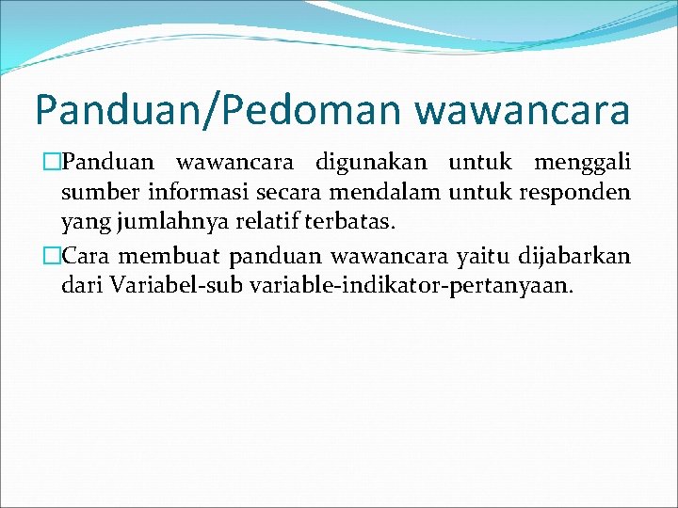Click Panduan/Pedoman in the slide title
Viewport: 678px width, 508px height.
[x=219, y=110]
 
